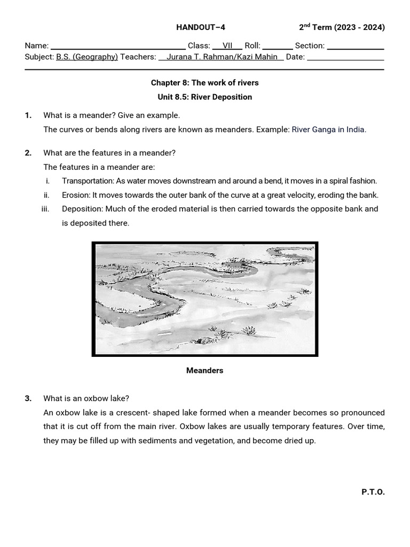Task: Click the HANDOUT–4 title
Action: pos(197,28)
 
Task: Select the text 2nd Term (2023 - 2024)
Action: pos(342,28)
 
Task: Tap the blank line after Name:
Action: pos(117,46)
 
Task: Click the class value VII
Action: pos(227,46)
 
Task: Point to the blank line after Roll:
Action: pos(277,46)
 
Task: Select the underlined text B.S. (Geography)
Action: pos(87,57)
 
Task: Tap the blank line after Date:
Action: pos(345,57)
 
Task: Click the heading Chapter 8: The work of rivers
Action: pos(204,83)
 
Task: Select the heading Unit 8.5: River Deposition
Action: pos(204,97)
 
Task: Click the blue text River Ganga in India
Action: pos(329,130)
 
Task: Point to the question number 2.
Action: pos(28,153)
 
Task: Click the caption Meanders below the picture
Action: pos(204,370)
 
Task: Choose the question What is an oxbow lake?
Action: pos(86,398)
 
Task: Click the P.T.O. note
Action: pos(373,492)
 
